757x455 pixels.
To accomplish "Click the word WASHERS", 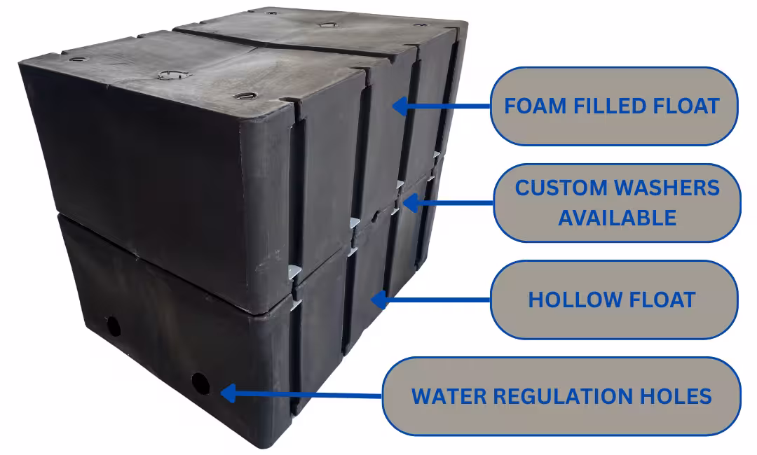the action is [x=666, y=188].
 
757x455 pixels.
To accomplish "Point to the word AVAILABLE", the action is [x=617, y=217].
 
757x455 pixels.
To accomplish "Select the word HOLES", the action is [x=674, y=395].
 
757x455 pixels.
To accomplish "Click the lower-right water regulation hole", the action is [x=200, y=383].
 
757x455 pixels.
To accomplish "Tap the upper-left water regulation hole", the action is [x=113, y=325].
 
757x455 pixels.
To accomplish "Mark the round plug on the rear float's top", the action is [x=325, y=24].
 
